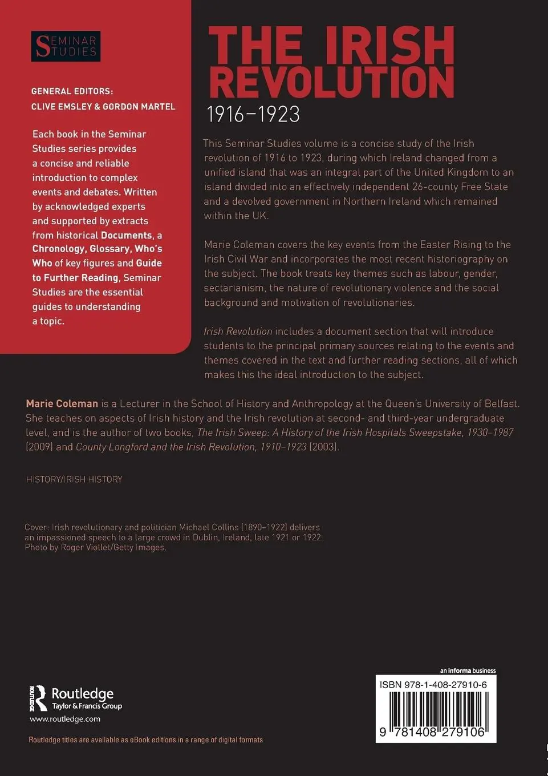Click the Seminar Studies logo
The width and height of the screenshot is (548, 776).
[x=65, y=46]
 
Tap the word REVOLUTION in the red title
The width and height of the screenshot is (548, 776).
[x=331, y=83]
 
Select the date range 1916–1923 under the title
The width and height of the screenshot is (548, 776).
[x=253, y=115]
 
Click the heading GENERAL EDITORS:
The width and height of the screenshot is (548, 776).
[x=72, y=91]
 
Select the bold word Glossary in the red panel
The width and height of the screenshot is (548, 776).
[x=109, y=249]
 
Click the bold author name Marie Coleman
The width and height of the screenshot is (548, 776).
[x=62, y=403]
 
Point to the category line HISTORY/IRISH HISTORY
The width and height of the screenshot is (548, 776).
[x=74, y=479]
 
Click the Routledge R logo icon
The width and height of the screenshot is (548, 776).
[x=38, y=698]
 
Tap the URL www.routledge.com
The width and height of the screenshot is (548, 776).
[x=65, y=719]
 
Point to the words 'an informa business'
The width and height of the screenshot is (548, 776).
[x=468, y=670]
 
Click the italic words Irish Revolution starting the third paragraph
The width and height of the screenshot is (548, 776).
[x=238, y=332]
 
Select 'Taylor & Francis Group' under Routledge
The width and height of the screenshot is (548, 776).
[x=87, y=706]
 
